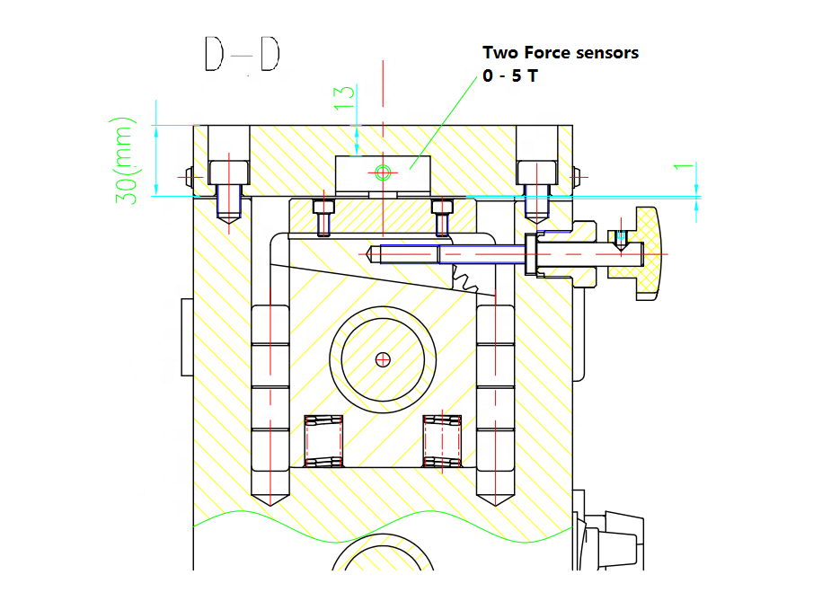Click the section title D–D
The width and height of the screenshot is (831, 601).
coord(243,54)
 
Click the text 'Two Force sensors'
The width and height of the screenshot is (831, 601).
coord(561,52)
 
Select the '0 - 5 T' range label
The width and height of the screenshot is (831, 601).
coord(510,75)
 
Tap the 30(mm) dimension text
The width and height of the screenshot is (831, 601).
coord(125,161)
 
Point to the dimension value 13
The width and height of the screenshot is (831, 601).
coord(344,98)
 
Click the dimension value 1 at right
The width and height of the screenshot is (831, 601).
coord(684,167)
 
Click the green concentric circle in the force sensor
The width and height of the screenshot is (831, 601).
coord(383,172)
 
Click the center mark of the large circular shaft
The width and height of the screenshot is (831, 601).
coord(383,360)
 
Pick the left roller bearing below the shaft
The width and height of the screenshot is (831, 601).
coord(323,441)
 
